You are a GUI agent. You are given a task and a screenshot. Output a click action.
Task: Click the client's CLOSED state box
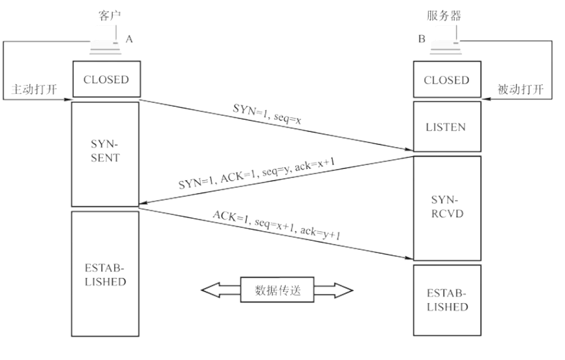point(106,80)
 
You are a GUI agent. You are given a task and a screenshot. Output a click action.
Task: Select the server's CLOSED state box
point(446,80)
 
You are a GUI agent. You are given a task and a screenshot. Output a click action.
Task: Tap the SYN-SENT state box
point(106,153)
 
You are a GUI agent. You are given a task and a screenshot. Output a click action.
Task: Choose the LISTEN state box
point(446,126)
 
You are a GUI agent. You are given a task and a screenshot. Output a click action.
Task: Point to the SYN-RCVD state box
point(446,207)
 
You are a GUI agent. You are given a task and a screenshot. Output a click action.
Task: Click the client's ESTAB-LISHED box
point(106,274)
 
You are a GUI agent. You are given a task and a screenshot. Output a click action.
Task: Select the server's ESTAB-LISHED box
point(446,300)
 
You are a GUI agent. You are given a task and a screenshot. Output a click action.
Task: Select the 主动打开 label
point(32,89)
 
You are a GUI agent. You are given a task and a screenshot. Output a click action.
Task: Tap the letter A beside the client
point(130,39)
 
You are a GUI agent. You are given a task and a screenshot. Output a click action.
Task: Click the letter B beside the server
point(422,39)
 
